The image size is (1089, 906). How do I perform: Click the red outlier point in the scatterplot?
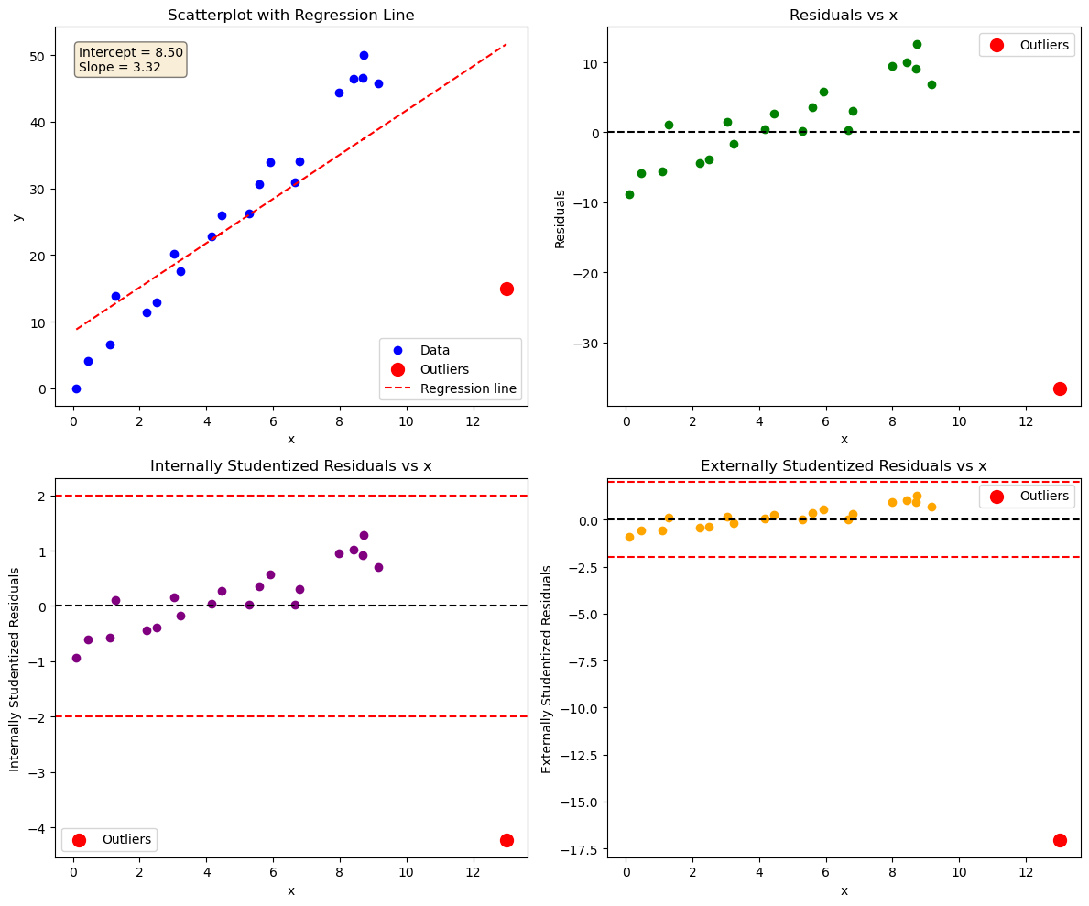click(x=506, y=289)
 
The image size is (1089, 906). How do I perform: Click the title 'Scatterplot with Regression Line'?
click(x=290, y=15)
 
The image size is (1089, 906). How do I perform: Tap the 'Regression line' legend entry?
click(x=468, y=388)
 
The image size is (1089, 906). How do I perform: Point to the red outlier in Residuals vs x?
click(x=1060, y=388)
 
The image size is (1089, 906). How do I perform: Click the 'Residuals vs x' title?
click(x=844, y=15)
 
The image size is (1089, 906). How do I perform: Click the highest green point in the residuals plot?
click(x=917, y=44)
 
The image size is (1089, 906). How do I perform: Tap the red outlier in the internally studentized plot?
click(x=506, y=840)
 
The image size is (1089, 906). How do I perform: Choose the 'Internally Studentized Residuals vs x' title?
click(x=290, y=466)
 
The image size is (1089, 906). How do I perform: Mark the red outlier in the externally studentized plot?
click(x=1060, y=840)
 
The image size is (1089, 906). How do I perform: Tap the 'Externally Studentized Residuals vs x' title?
click(x=844, y=466)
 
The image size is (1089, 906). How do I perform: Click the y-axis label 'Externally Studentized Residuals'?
click(x=547, y=669)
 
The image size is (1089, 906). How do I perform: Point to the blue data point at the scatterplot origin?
click(x=76, y=388)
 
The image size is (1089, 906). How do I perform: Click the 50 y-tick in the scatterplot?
click(x=38, y=56)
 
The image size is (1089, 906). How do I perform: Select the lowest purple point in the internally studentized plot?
click(x=76, y=658)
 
